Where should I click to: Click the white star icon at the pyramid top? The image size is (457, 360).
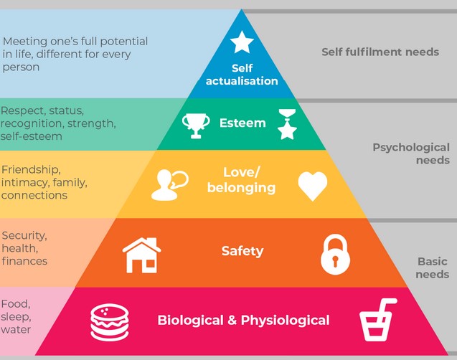click(x=242, y=42)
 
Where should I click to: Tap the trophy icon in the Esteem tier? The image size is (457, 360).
click(x=195, y=125)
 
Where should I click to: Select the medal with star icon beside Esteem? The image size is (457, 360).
click(x=286, y=123)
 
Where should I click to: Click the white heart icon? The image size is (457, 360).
click(x=312, y=186)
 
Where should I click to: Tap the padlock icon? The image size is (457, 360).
click(x=336, y=253)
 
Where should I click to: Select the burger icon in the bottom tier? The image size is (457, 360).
click(x=110, y=322)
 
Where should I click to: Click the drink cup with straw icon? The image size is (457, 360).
click(x=378, y=320)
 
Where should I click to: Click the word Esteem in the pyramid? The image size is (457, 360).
click(x=242, y=123)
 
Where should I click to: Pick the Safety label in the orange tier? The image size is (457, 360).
click(x=242, y=251)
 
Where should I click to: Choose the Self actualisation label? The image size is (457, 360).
click(x=242, y=75)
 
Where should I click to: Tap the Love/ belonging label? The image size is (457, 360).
click(x=241, y=180)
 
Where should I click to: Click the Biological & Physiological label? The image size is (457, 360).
click(x=243, y=320)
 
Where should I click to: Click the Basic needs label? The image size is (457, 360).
click(x=433, y=267)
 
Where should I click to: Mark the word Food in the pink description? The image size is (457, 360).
click(x=15, y=303)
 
